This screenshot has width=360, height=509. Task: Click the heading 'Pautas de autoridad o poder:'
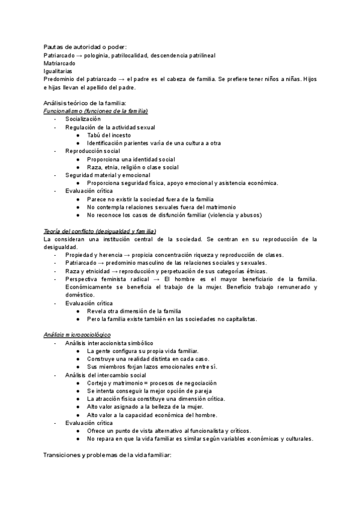pyautogui.click(x=85, y=47)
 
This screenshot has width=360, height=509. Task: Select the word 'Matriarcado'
pyautogui.click(x=59, y=63)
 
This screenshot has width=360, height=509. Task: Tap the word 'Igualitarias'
pyautogui.click(x=58, y=71)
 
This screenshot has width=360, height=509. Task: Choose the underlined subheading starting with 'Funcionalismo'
pyautogui.click(x=96, y=111)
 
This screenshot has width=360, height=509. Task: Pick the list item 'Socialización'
pyautogui.click(x=83, y=119)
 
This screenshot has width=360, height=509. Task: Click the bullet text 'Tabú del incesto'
pyautogui.click(x=110, y=135)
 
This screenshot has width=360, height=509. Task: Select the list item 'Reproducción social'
pyautogui.click(x=93, y=151)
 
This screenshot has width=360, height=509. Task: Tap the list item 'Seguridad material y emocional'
pyautogui.click(x=108, y=175)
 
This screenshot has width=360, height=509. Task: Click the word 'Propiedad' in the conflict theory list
pyautogui.click(x=79, y=255)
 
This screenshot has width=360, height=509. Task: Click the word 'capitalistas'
pyautogui.click(x=239, y=319)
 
